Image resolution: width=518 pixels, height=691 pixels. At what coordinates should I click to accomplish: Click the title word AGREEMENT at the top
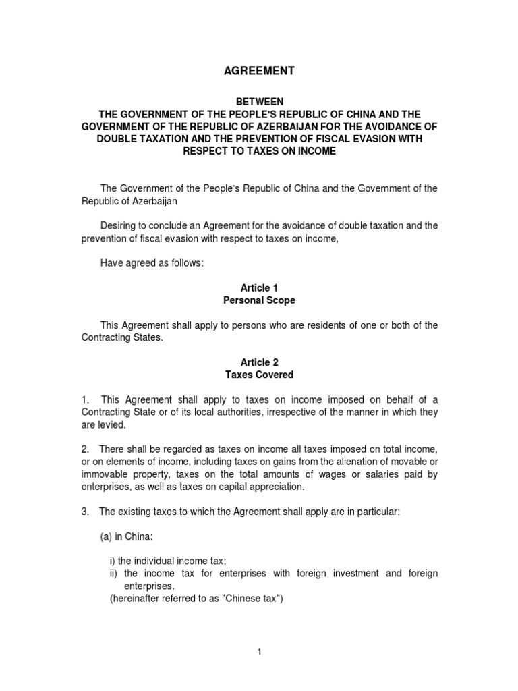[x=260, y=70]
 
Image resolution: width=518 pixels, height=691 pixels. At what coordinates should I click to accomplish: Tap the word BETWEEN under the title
[x=260, y=101]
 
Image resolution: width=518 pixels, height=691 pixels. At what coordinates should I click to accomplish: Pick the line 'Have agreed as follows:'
[x=151, y=262]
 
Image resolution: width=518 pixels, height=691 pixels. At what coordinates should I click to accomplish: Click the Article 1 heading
[x=260, y=287]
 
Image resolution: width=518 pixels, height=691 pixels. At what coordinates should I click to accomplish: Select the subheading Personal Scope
[x=260, y=300]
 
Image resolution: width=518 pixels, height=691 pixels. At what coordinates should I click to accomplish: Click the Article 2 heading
[x=260, y=362]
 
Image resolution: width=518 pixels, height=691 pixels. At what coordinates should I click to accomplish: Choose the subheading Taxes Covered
[x=260, y=375]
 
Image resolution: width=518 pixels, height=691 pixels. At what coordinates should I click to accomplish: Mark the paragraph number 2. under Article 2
[x=86, y=449]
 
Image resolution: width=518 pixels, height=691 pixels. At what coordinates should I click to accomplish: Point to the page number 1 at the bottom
[x=260, y=651]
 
